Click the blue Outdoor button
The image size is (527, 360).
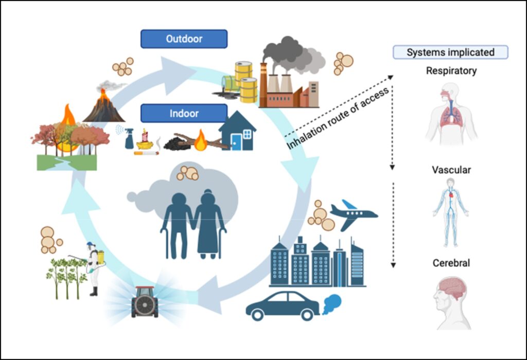(184, 39)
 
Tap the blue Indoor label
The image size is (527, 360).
(184, 113)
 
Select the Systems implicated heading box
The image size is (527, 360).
(450, 52)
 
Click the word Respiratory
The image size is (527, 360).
(451, 71)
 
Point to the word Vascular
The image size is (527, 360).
(451, 170)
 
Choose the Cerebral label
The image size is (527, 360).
(451, 263)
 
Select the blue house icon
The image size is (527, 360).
(237, 131)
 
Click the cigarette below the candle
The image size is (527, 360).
(147, 153)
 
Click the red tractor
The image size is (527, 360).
(145, 302)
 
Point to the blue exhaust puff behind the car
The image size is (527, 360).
(332, 304)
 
